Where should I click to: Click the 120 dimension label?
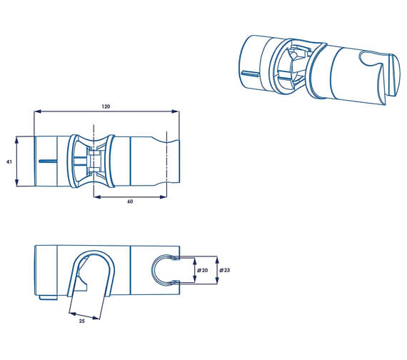[x=106, y=106]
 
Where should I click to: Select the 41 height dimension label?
[x=9, y=162]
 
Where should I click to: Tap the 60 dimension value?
[x=130, y=201]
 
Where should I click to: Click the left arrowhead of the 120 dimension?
[x=38, y=111]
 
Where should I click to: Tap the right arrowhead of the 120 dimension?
[x=176, y=111]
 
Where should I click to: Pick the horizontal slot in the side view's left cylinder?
[x=49, y=161]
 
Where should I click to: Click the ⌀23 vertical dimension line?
[x=216, y=270]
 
